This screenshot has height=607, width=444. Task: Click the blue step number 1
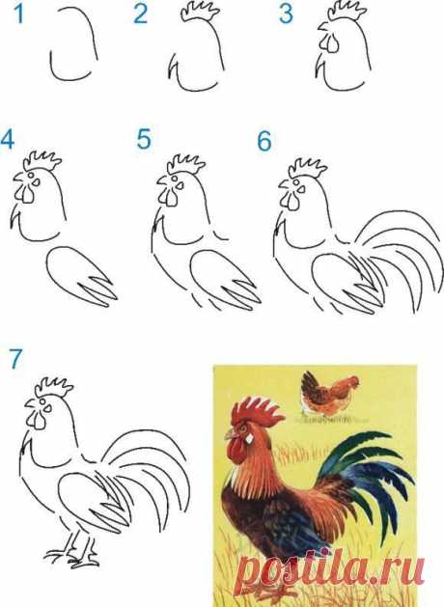(x=18, y=14)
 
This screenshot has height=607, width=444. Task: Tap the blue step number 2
(x=141, y=14)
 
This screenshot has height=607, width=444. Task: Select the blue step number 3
(x=286, y=14)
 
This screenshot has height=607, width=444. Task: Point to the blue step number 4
(x=8, y=140)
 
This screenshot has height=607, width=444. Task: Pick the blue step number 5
(x=144, y=140)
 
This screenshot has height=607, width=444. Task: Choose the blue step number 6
(x=264, y=141)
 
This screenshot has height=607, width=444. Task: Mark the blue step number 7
(x=15, y=359)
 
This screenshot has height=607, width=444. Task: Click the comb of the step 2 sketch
(x=200, y=11)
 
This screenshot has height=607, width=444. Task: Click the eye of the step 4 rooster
(x=36, y=181)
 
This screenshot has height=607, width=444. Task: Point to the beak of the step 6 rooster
(x=285, y=184)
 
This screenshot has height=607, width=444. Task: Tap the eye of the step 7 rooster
(x=47, y=408)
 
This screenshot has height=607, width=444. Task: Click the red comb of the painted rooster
(x=257, y=411)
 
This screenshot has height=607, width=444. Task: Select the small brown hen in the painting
(x=330, y=393)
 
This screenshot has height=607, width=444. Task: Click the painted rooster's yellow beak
(x=231, y=434)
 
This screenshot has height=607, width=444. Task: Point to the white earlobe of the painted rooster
(x=249, y=438)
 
